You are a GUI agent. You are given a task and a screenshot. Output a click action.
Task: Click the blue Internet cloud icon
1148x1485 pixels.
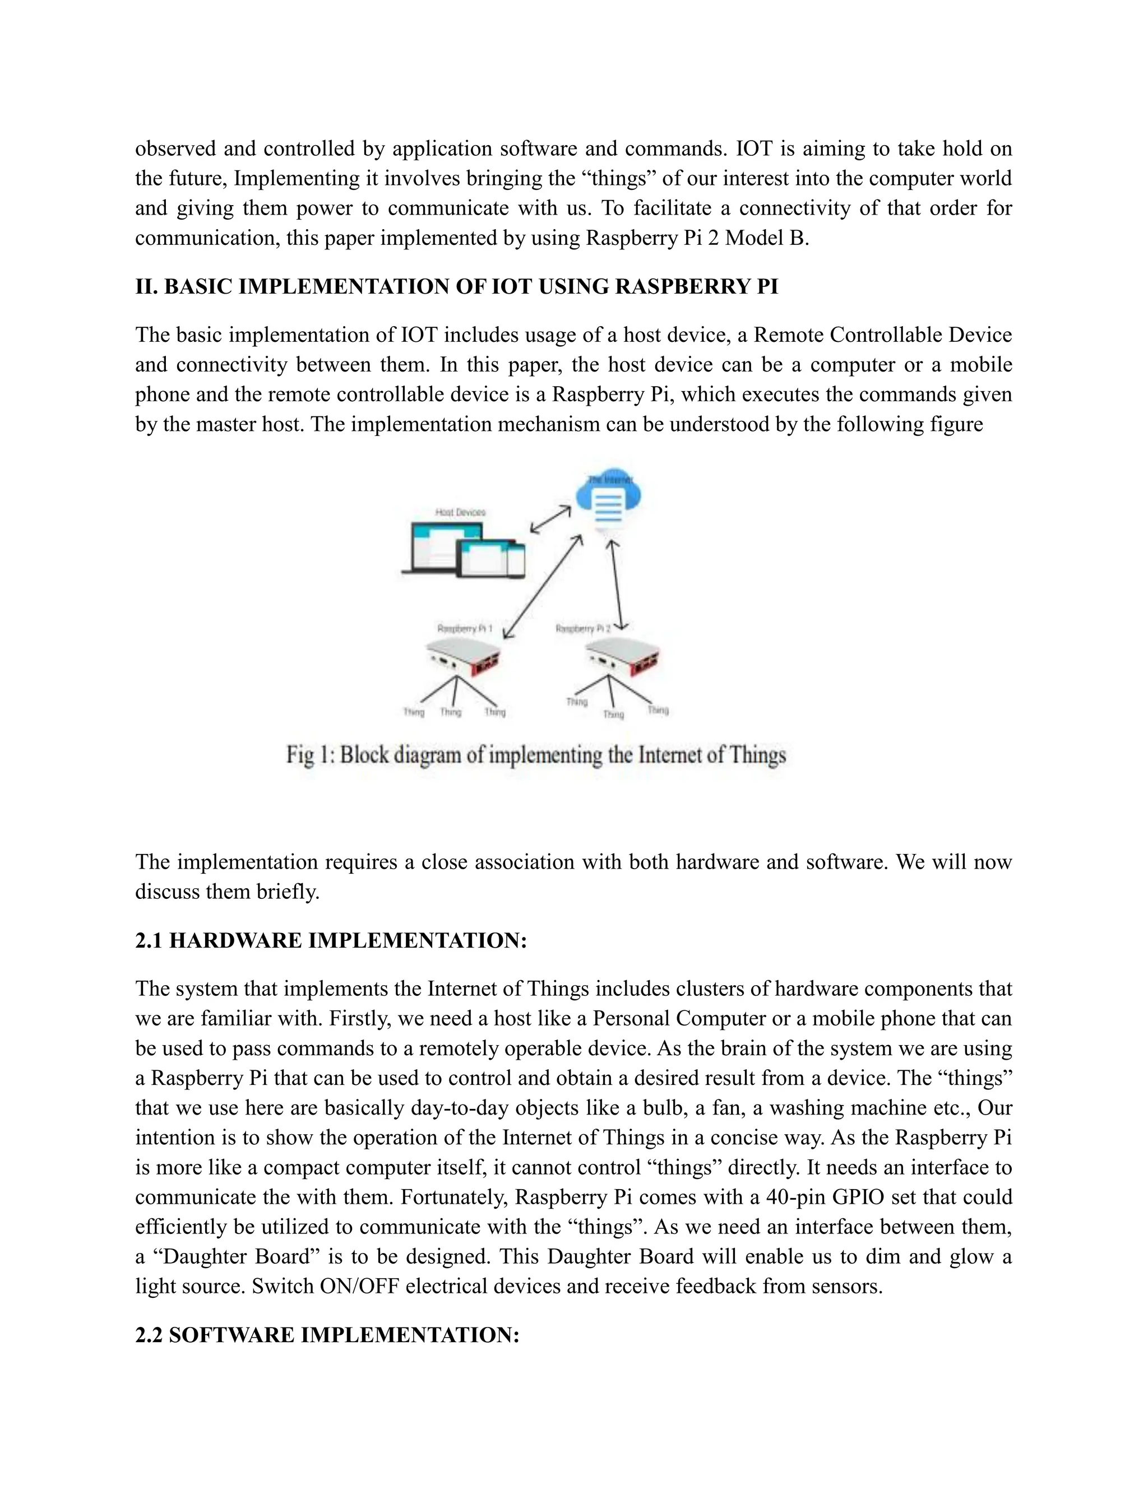608,499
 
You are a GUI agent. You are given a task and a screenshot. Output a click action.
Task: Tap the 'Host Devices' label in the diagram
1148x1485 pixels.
460,512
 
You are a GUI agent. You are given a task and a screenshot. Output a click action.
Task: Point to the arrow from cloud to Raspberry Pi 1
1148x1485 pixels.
542,587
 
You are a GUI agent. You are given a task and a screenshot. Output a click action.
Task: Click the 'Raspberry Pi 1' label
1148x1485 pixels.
465,629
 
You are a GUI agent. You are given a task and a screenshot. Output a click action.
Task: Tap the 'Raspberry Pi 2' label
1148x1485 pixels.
584,629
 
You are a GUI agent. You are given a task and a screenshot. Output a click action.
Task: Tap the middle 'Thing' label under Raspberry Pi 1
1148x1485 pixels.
450,712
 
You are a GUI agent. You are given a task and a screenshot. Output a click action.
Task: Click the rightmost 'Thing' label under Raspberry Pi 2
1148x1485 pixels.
658,710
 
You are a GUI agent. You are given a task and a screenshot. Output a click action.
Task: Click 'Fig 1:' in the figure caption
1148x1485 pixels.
309,755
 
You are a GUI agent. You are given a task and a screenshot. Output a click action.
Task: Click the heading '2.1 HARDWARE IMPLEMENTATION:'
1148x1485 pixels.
331,940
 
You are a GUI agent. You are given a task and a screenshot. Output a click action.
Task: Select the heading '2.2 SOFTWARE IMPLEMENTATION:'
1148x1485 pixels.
327,1335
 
